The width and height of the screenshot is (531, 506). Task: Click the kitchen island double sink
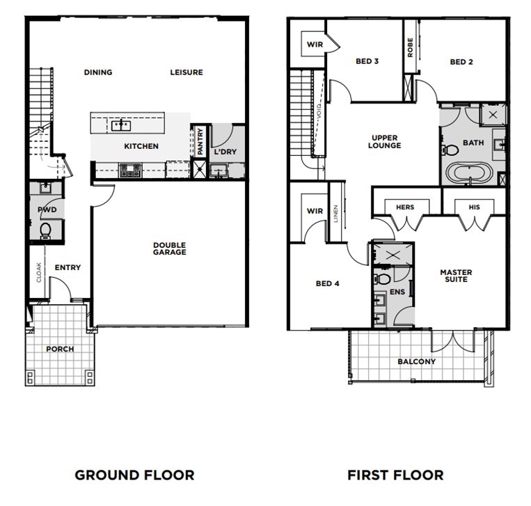click(121, 126)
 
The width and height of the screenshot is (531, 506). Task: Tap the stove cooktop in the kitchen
click(130, 171)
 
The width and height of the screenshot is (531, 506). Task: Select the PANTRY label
click(200, 142)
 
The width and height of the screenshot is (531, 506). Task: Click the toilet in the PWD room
click(45, 231)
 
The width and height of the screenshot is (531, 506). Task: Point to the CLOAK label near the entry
click(38, 272)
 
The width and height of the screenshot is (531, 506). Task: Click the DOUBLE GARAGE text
click(169, 248)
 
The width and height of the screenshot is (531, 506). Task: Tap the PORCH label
click(60, 349)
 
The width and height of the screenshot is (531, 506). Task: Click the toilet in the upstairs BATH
click(449, 150)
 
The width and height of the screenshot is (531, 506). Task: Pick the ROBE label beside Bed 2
click(410, 48)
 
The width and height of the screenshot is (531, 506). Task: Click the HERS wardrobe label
click(405, 207)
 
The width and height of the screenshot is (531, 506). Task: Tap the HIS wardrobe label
click(474, 207)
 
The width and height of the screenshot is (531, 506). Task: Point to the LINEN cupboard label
click(335, 214)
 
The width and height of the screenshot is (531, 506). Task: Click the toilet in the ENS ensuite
click(381, 279)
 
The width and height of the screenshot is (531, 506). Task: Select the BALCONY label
click(417, 361)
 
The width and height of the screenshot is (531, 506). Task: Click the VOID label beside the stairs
click(319, 112)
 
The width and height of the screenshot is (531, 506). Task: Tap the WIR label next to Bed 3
click(315, 45)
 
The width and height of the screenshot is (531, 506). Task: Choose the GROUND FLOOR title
click(135, 475)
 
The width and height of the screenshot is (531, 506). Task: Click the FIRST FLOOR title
click(395, 475)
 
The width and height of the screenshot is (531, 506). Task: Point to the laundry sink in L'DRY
click(219, 171)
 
